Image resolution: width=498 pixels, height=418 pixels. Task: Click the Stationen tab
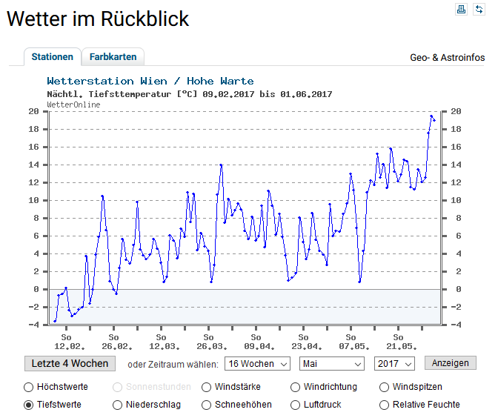pos(52,57)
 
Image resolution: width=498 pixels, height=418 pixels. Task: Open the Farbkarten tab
pos(113,57)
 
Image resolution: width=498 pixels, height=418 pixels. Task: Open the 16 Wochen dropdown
pos(258,364)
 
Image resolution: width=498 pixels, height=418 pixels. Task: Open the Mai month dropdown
pos(332,364)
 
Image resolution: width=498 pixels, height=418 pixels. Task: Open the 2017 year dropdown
pos(394,364)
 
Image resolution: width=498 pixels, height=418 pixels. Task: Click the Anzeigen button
pos(450,363)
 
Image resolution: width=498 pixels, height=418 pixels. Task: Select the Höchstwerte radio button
pos(29,387)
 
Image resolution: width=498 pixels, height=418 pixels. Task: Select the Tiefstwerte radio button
pos(29,405)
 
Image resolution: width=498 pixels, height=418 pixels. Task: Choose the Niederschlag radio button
pos(118,405)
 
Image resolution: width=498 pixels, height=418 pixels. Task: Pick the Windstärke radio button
pos(206,387)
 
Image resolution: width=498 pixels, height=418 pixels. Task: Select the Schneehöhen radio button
pos(206,405)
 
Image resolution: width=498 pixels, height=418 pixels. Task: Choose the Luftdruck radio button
pos(296,405)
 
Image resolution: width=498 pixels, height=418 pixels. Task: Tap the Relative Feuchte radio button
pos(384,405)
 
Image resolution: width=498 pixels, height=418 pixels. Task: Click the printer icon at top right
pos(461,9)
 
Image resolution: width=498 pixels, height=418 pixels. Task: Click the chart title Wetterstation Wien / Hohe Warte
pos(150,81)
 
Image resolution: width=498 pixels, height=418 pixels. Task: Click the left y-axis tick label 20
pos(33,111)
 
